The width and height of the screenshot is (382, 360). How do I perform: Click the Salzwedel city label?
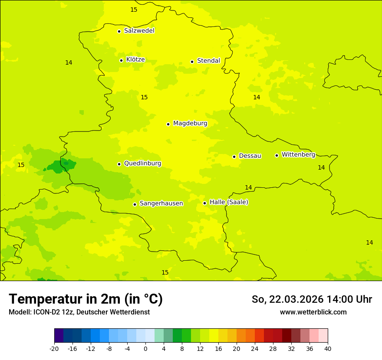tap(139, 31)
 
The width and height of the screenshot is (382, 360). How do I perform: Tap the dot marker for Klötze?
tap(121, 60)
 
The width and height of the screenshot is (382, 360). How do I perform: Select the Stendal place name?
tap(208, 61)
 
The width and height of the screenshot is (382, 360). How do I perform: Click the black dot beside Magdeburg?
tap(168, 124)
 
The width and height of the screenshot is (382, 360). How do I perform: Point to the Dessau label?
tap(250, 156)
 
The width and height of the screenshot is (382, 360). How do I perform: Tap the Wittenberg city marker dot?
tap(277, 155)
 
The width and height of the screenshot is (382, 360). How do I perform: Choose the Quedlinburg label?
tap(142, 164)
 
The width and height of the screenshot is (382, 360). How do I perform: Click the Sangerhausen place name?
tap(161, 203)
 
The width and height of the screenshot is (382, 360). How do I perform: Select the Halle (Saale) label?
tap(229, 202)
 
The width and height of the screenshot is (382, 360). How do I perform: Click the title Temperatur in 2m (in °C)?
tap(86, 299)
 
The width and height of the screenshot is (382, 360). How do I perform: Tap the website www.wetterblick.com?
tap(313, 312)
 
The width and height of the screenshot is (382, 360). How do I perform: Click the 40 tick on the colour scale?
tap(327, 348)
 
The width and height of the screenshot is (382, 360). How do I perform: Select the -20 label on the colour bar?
tap(54, 348)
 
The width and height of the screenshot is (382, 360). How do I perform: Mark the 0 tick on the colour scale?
tap(145, 348)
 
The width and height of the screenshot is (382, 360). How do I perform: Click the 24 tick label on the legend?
tap(255, 348)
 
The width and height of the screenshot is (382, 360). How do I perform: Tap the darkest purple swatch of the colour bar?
tap(59, 336)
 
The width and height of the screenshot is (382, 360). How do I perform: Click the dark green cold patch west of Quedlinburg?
tap(60, 166)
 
